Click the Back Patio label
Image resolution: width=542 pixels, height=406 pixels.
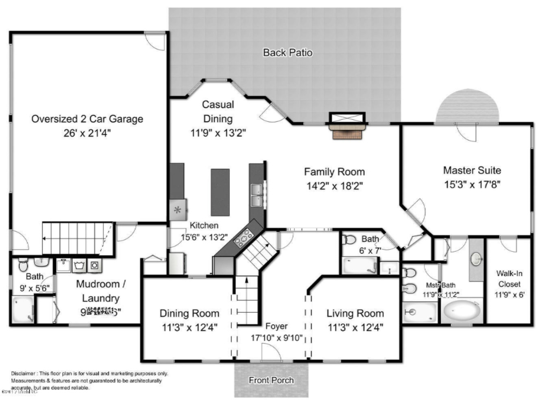click(287, 52)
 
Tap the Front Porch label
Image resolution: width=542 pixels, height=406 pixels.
click(271, 380)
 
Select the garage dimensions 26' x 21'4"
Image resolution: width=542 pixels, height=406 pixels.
click(87, 133)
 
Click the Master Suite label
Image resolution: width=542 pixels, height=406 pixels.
click(472, 170)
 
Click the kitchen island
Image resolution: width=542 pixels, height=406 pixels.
click(220, 192)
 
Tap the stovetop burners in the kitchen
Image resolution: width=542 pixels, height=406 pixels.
click(243, 238)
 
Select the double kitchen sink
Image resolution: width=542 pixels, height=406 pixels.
click(257, 195)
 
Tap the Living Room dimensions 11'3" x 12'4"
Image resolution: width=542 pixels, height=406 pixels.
click(355, 327)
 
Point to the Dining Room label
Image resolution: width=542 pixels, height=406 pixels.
click(189, 313)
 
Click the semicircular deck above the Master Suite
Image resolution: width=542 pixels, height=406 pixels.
click(467, 107)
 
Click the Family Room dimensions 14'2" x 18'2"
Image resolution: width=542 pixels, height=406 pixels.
click(334, 186)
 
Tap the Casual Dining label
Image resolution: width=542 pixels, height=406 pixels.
click(218, 111)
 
